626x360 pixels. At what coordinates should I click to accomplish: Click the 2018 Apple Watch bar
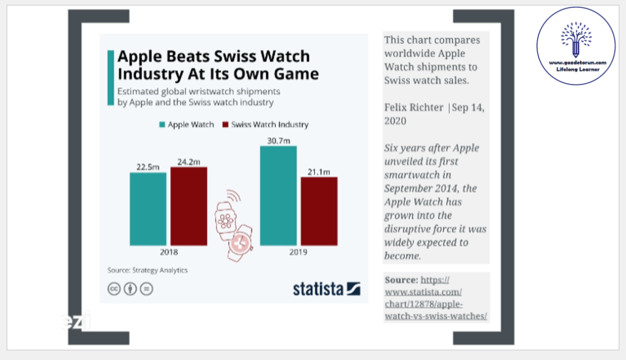147,209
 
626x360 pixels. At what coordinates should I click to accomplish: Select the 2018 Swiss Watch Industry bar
188,206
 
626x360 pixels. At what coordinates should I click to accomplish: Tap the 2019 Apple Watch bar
278,196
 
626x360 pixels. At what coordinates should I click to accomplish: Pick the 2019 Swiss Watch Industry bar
319,211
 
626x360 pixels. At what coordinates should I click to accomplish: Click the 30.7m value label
278,140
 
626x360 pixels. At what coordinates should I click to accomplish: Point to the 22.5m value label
147,167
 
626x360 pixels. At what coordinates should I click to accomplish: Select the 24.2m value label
188,162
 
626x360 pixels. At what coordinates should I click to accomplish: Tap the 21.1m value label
319,171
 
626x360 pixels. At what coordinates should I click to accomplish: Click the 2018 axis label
168,252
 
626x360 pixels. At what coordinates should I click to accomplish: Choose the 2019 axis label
299,252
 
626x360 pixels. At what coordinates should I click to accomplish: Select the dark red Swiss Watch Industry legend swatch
225,124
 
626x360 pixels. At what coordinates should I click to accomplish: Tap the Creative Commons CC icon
114,289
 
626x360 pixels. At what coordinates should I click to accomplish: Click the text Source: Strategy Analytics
147,270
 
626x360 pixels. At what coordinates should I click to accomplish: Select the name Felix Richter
414,107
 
